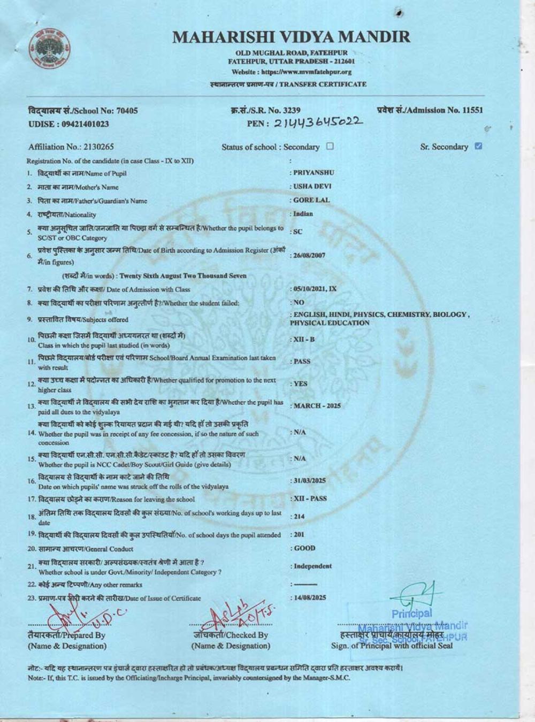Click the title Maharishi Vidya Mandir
pyautogui.click(x=292, y=37)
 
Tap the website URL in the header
pyautogui.click(x=292, y=72)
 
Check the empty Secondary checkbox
pyautogui.click(x=330, y=146)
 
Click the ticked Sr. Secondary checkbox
pyautogui.click(x=478, y=146)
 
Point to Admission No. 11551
pyautogui.click(x=430, y=110)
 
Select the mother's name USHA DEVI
pyautogui.click(x=312, y=186)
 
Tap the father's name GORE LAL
pyautogui.click(x=311, y=200)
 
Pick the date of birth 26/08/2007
pyautogui.click(x=309, y=255)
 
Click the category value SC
pyautogui.click(x=298, y=232)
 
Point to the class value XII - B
pyautogui.click(x=304, y=340)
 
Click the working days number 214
pyautogui.click(x=299, y=517)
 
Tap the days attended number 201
pyautogui.click(x=299, y=534)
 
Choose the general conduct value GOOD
pyautogui.click(x=304, y=548)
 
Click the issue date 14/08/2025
pyautogui.click(x=310, y=597)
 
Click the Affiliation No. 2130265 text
pyautogui.click(x=71, y=147)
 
